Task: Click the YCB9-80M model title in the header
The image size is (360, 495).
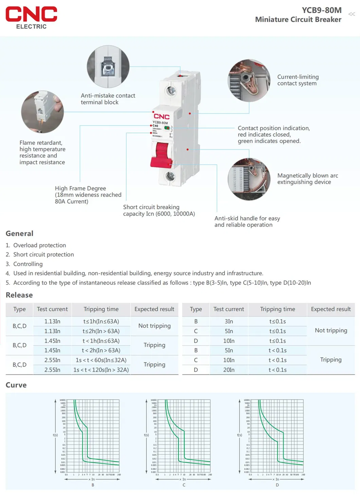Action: tap(321, 10)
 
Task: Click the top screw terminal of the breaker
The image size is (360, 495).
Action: tap(171, 91)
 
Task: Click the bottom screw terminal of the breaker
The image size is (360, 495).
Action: tap(170, 176)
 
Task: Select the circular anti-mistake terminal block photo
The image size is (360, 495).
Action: tap(108, 67)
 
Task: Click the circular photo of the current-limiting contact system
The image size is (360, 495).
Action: tap(249, 81)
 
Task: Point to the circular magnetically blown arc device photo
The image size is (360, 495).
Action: tap(249, 179)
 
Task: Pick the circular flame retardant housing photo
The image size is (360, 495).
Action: tap(42, 112)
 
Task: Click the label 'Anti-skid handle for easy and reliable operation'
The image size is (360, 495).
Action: tap(247, 222)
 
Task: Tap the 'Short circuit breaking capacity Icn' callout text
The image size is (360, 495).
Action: tap(159, 210)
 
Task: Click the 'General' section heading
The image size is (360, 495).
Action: tap(19, 234)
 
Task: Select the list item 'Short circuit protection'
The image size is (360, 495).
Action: tap(43, 255)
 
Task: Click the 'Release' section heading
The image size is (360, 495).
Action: tap(19, 295)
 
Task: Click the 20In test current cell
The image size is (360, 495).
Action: tap(229, 370)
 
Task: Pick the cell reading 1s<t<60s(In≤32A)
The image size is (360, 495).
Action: tap(101, 360)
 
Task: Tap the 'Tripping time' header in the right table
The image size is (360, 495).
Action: tap(277, 309)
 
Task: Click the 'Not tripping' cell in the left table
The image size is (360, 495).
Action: tap(154, 326)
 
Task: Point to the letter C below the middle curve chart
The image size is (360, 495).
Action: tap(184, 485)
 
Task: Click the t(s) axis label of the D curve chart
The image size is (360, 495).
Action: tap(239, 435)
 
